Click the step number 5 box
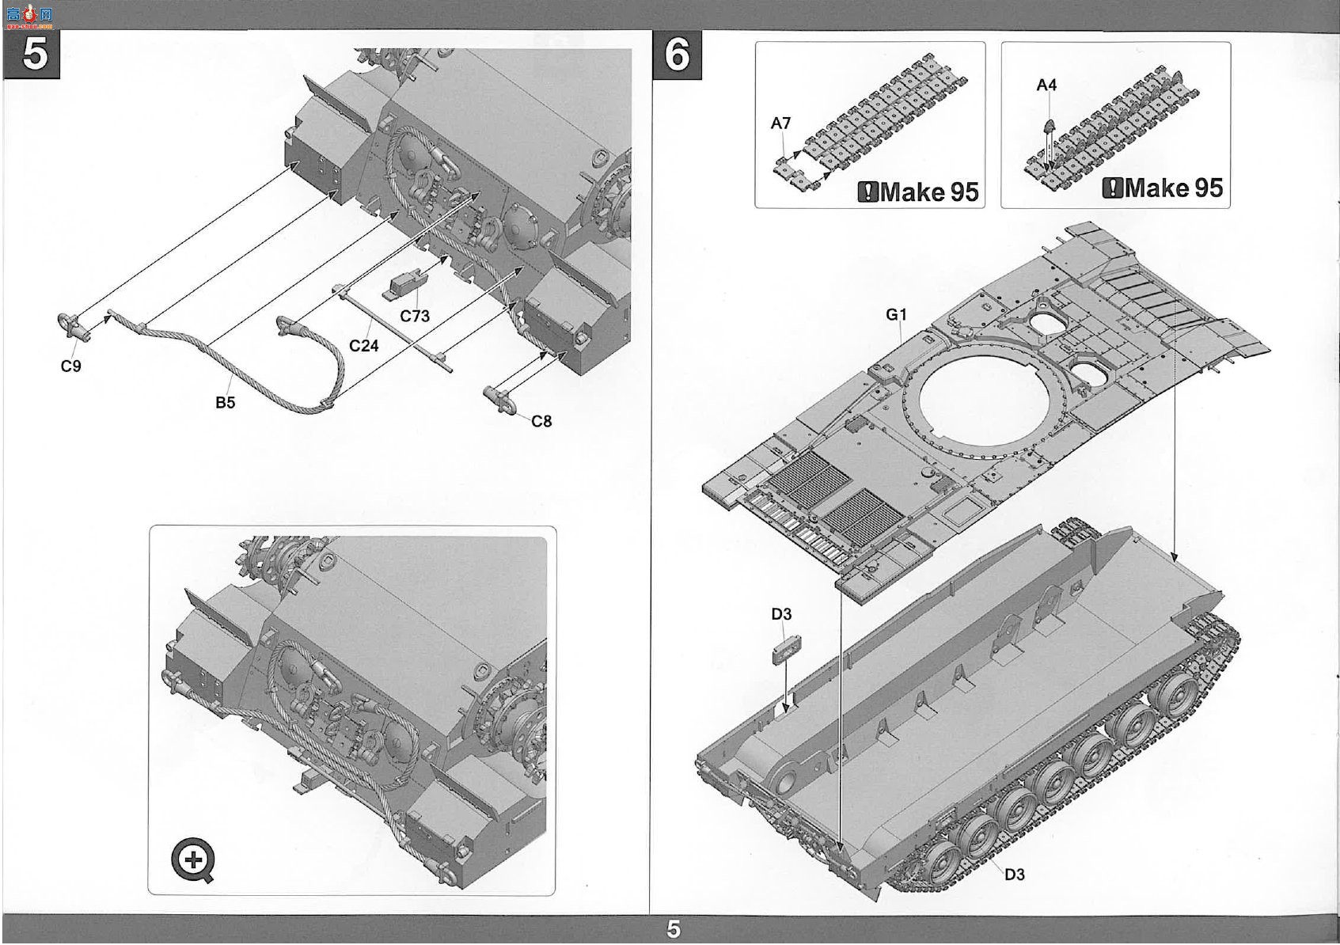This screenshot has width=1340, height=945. pos(32,54)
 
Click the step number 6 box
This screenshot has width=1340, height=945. pos(677,55)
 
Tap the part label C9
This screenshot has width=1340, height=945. pos(71,366)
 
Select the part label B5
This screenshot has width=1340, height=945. pos(225,403)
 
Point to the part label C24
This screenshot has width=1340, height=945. pos(364,345)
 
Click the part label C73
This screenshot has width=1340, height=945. pos(415,316)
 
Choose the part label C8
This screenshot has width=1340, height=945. pos(541,421)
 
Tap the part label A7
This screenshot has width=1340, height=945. pos(780,123)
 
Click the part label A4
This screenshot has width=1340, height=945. pos(1046,85)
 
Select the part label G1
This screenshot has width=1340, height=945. pos(896,314)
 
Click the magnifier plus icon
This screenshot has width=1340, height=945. pos(192,860)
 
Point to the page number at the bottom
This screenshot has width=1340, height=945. pos(674,929)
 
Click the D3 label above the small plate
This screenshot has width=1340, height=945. pos(781,614)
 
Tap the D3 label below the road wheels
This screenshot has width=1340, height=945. pos(1014,875)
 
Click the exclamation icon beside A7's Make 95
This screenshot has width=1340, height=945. pos(868,192)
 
